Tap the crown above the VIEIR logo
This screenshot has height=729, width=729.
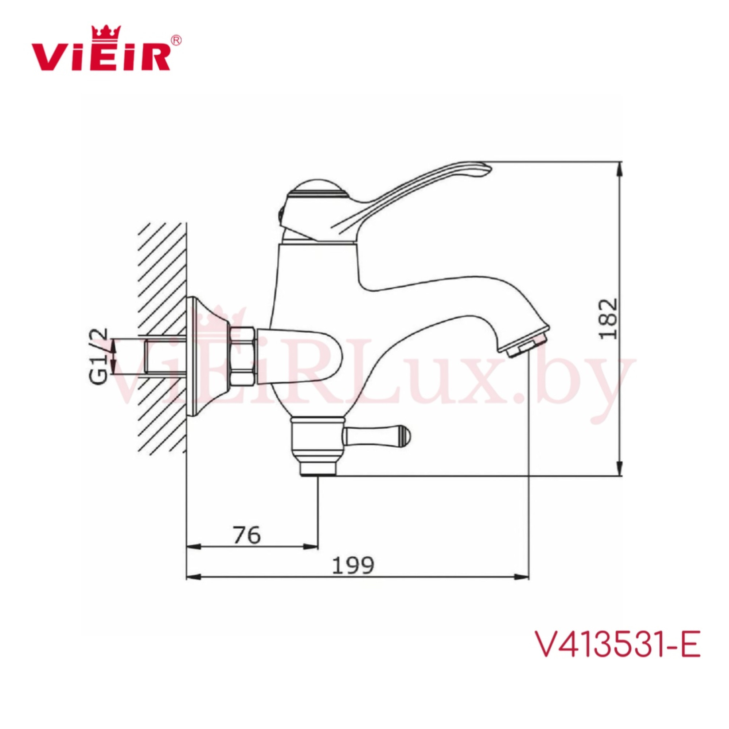[106, 32]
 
